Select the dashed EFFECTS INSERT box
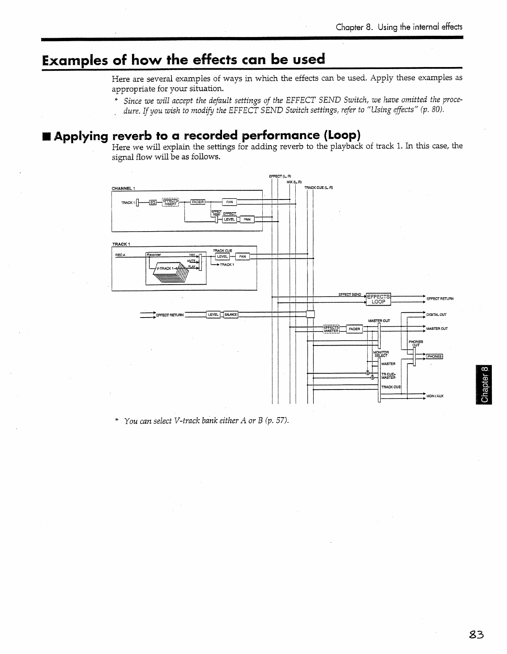[x=170, y=202]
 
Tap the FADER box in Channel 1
[x=198, y=202]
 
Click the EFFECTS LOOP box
[x=378, y=299]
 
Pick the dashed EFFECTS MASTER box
[x=331, y=329]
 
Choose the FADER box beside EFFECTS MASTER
[x=354, y=329]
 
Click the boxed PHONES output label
[x=434, y=357]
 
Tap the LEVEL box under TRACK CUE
[x=222, y=257]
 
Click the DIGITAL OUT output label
[x=436, y=315]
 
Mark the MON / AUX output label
[x=435, y=396]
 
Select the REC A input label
[x=120, y=255]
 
